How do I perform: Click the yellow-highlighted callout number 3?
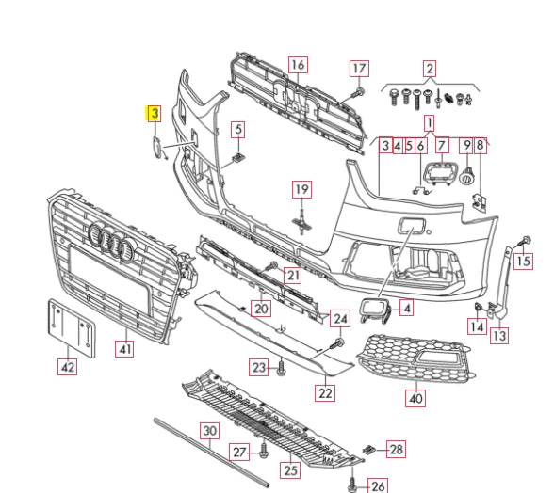(x=155, y=114)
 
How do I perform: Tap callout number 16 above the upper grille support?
(x=298, y=65)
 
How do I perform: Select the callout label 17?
(x=359, y=69)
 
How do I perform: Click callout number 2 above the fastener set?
(x=430, y=69)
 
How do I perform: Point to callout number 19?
(x=301, y=189)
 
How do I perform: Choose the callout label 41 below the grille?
(x=124, y=349)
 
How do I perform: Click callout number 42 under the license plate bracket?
(x=67, y=366)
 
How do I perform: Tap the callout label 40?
(x=415, y=398)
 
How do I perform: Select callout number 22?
(x=325, y=392)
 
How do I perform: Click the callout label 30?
(x=209, y=431)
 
